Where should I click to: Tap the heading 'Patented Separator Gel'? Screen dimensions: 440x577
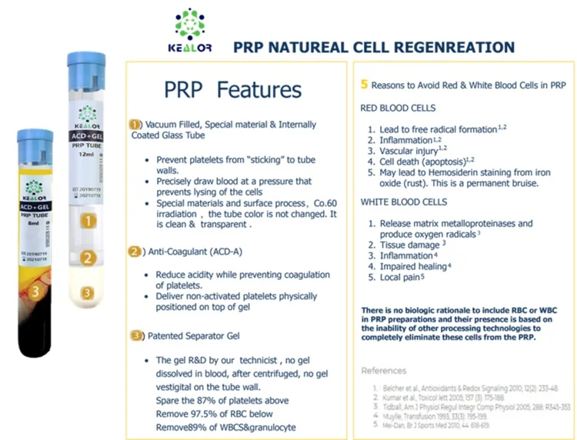197,335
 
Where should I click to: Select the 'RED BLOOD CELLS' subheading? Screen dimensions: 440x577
398,108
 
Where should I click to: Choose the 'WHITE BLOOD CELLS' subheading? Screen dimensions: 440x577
403,202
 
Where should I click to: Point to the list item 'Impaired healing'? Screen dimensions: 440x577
412,266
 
